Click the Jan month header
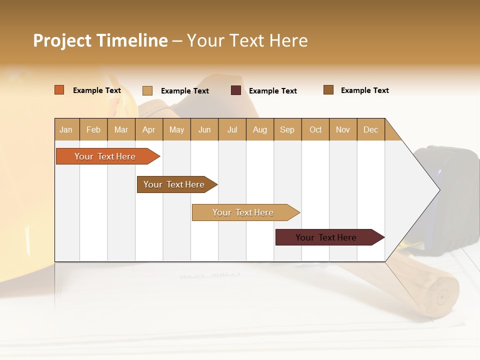pyautogui.click(x=66, y=129)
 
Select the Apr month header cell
pyautogui.click(x=148, y=129)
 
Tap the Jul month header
pyautogui.click(x=232, y=129)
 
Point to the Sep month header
pyautogui.click(x=287, y=129)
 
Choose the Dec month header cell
pyautogui.click(x=370, y=129)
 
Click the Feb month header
pyautogui.click(x=93, y=129)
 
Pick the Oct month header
pyautogui.click(x=315, y=129)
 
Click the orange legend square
pyautogui.click(x=59, y=90)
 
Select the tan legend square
pyautogui.click(x=147, y=90)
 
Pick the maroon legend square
pyautogui.click(x=236, y=90)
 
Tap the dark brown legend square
pyautogui.click(x=328, y=90)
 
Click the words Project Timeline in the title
pyautogui.click(x=100, y=40)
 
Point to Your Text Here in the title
pyautogui.click(x=247, y=40)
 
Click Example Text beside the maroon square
pyautogui.click(x=272, y=91)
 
